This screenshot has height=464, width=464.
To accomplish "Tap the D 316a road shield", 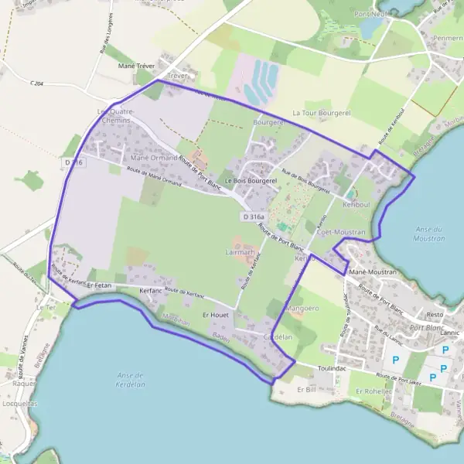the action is click(x=253, y=218).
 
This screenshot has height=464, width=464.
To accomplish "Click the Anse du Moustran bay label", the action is click(x=429, y=234).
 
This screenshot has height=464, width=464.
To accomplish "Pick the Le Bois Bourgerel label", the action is click(x=250, y=180).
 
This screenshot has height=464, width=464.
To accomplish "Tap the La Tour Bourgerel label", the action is click(x=321, y=113).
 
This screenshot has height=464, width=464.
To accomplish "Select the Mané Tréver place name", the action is click(x=136, y=67).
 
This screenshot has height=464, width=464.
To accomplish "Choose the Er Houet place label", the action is click(x=217, y=316).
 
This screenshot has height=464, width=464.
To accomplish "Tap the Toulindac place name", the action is click(x=333, y=370).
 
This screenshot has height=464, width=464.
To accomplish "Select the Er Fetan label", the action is click(x=100, y=285).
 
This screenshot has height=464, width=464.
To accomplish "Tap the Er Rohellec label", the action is click(x=374, y=391).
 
